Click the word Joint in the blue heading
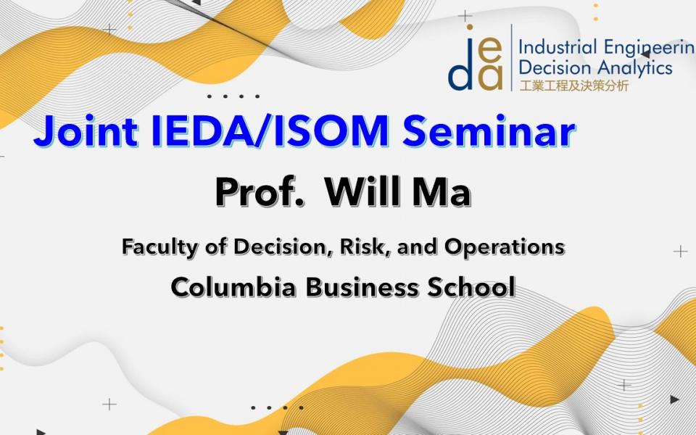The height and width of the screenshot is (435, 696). coord(86,131)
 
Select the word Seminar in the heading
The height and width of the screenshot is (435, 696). coord(489,131)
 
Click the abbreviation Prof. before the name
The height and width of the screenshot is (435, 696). coord(260,192)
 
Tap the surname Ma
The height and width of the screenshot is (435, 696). coord(442,192)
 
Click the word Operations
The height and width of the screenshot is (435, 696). coord(505,246)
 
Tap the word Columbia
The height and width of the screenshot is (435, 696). coord(233,287)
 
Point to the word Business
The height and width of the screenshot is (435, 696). coord(362,287)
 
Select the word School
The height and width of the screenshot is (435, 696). coord(471,287)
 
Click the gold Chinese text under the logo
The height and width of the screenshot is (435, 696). coord(574,86)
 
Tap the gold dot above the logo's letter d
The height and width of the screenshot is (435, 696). coord(469,28)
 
